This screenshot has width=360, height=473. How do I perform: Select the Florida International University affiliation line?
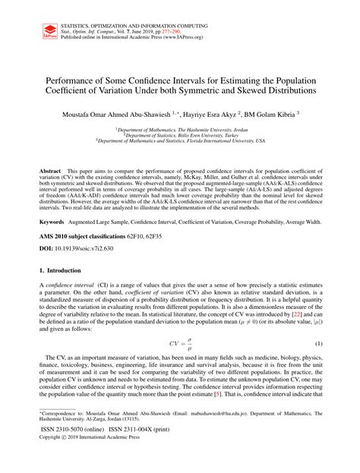pyautogui.click(x=180, y=140)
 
